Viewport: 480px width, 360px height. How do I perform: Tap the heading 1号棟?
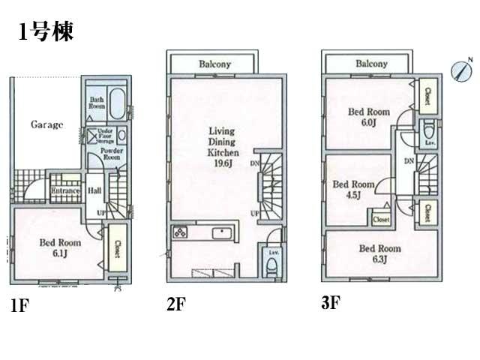[45, 32]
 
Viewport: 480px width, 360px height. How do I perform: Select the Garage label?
[46, 124]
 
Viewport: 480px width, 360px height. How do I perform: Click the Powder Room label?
[112, 154]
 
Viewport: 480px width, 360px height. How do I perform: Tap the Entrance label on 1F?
[66, 190]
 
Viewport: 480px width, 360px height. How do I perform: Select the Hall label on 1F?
[95, 191]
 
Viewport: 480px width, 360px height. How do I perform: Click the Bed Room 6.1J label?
[60, 248]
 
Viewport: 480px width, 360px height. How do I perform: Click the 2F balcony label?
[214, 64]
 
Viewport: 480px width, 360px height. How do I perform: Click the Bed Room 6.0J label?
[367, 117]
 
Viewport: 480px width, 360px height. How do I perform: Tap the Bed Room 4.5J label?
[347, 189]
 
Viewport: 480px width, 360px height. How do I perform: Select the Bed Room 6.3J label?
[379, 253]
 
